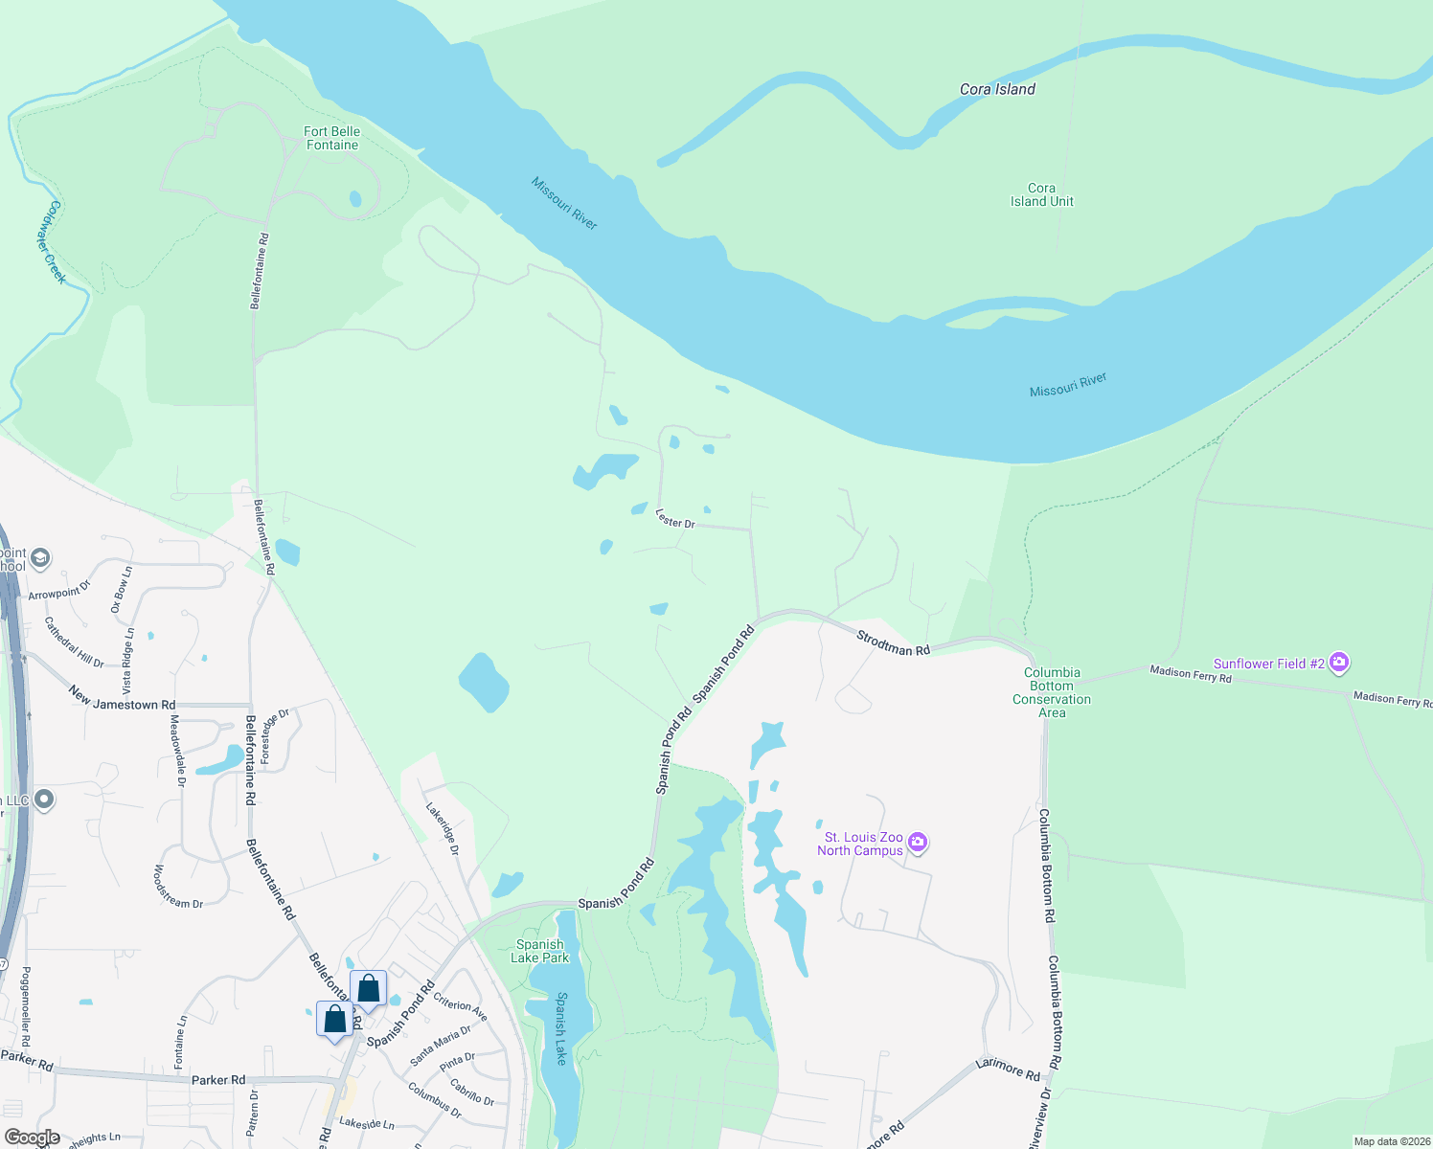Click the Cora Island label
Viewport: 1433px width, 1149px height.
click(997, 89)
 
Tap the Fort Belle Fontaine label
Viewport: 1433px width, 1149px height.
click(331, 138)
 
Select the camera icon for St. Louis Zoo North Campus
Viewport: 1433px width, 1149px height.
click(918, 843)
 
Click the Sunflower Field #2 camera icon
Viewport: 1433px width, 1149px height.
click(1339, 662)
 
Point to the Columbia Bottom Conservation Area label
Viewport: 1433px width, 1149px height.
click(1052, 692)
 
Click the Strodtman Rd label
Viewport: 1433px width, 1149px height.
click(893, 642)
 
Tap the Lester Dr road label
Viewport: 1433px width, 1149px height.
click(675, 519)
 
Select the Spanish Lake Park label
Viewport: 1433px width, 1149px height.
click(540, 951)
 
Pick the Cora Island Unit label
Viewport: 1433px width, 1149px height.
click(1041, 194)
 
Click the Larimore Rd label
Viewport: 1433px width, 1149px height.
click(1008, 1070)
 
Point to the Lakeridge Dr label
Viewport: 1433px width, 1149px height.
click(443, 828)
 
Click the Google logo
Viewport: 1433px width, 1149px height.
click(33, 1138)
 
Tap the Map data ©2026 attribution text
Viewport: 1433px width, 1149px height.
click(1389, 1141)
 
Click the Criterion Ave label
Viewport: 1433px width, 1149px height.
click(461, 1006)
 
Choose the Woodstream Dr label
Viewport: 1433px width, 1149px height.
click(178, 888)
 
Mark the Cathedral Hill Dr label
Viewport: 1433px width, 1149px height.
click(74, 642)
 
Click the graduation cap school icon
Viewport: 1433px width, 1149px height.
click(40, 557)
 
